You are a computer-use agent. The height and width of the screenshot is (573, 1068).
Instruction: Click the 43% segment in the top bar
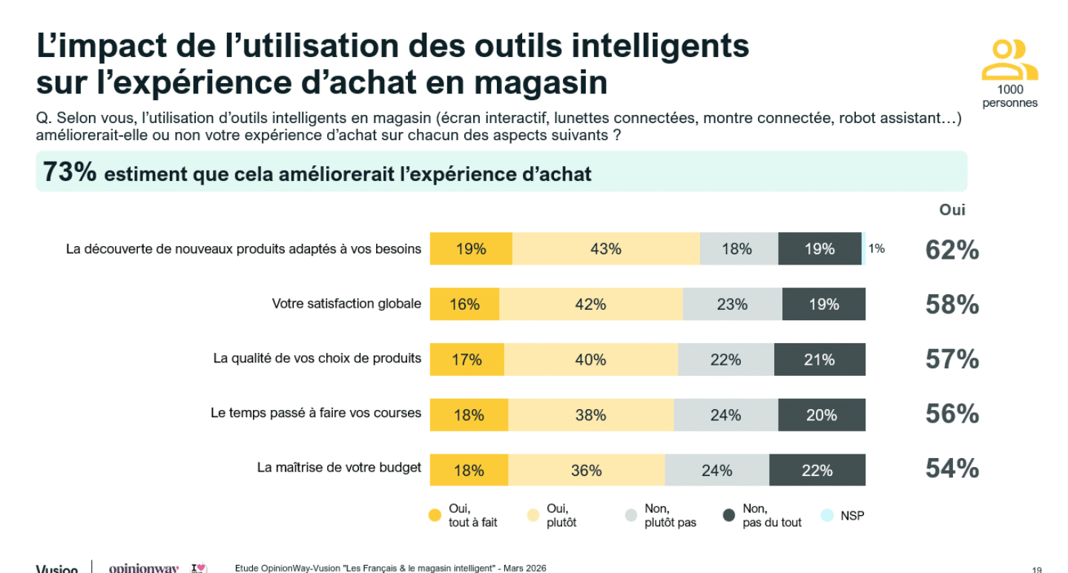point(605,249)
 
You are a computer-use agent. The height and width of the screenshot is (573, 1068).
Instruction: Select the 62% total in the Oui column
point(952,251)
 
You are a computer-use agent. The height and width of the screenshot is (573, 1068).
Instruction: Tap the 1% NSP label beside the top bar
point(877,249)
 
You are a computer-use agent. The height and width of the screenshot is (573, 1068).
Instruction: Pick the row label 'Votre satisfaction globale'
point(346,303)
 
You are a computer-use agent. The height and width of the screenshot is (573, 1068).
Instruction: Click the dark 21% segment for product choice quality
point(820,360)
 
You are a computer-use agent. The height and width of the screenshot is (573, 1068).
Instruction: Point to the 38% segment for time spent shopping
point(590,415)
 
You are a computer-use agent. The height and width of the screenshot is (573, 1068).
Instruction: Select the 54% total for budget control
point(952,469)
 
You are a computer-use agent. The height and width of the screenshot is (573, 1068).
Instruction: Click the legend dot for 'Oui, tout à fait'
point(435,516)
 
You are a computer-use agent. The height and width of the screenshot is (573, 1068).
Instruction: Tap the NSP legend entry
point(852,516)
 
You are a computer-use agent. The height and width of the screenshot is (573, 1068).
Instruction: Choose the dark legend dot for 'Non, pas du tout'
point(729,516)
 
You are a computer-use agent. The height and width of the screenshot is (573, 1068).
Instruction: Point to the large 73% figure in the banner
point(70,172)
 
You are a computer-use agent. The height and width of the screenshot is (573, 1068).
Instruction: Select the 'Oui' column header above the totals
point(952,210)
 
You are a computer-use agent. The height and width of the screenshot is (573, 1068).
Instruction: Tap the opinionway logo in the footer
point(144,569)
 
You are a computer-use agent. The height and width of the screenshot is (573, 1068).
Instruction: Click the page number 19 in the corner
point(1036,569)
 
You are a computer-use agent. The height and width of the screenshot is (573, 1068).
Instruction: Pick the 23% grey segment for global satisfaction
point(732,304)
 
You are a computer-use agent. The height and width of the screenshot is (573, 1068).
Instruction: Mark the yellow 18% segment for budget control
point(469,471)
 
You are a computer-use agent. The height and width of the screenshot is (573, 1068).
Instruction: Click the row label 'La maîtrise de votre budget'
point(339,467)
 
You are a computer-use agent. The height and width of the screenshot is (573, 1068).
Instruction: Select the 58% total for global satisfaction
point(952,305)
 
